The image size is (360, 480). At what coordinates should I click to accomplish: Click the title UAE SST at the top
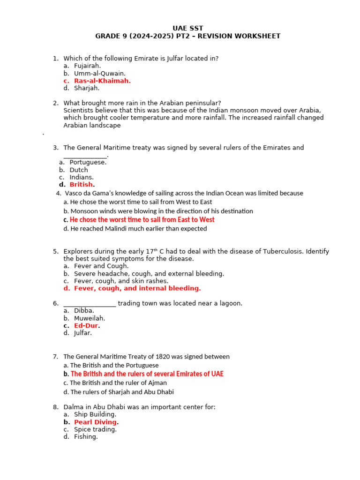coord(188,28)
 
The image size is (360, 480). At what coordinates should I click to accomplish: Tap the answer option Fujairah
coord(87,66)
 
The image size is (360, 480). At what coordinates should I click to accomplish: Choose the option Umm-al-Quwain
coord(99,73)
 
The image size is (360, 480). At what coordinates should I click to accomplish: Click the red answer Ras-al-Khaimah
coord(102,81)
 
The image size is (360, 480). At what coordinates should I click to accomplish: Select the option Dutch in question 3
coord(79,170)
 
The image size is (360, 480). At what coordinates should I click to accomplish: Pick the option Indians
coord(82,177)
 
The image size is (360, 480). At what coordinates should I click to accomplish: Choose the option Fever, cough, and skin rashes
coord(121,281)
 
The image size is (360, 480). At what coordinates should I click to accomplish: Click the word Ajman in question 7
coord(157,383)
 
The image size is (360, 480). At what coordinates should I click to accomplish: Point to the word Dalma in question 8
coord(73,407)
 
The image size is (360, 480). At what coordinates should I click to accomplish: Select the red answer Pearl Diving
coord(95,422)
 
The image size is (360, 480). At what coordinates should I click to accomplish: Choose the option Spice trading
coord(95,429)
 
